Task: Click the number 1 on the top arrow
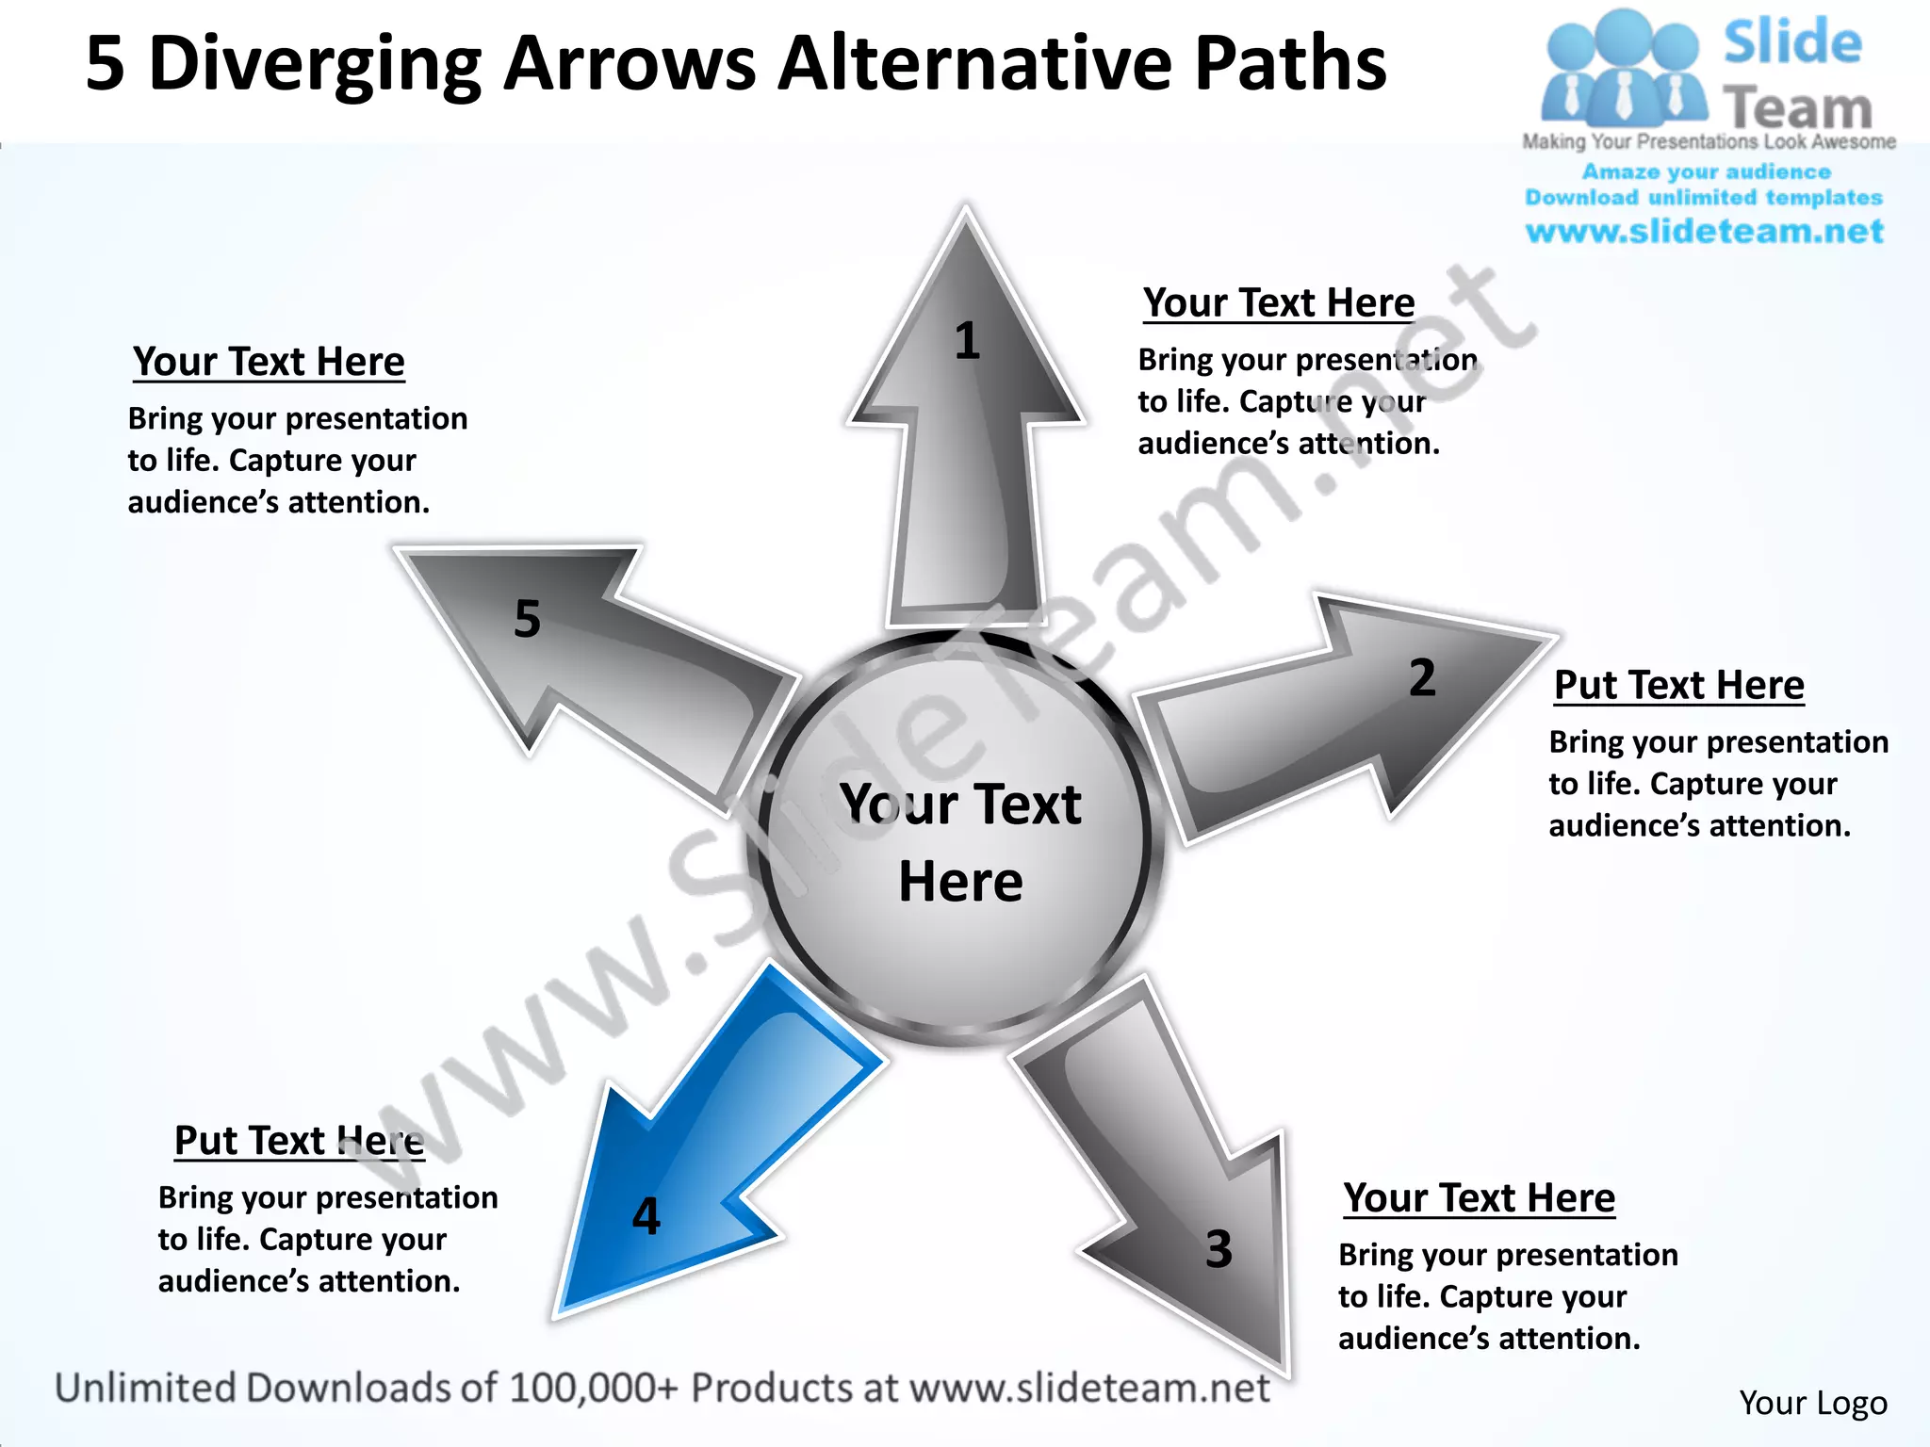(x=967, y=341)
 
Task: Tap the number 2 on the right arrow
(x=1422, y=678)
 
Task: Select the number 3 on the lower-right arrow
(x=1219, y=1249)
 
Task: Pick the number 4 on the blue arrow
(x=646, y=1216)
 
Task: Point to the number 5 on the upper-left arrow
(x=528, y=619)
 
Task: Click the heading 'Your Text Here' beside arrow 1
(x=1279, y=303)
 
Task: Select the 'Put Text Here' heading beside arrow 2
(x=1678, y=685)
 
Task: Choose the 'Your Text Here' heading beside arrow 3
(x=1479, y=1198)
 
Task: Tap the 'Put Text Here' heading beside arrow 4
(x=300, y=1141)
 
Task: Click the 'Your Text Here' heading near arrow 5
(x=269, y=362)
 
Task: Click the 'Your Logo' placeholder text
(x=1812, y=1403)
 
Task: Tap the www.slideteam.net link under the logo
(x=1704, y=232)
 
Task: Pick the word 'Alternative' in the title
(x=976, y=64)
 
